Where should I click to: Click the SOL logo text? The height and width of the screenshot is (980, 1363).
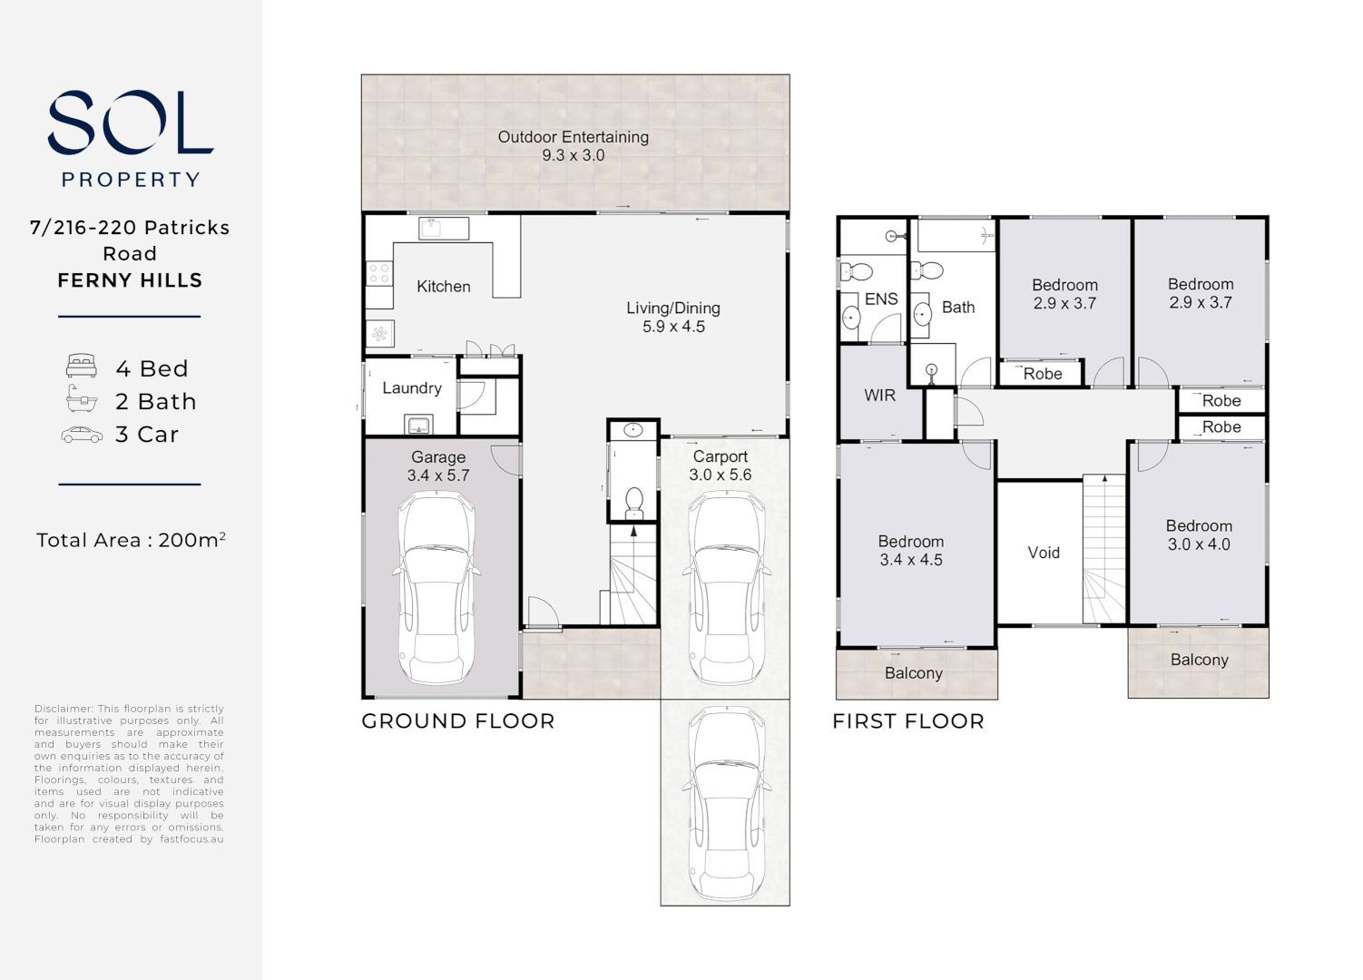click(130, 122)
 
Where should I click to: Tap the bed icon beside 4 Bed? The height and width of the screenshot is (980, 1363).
click(82, 367)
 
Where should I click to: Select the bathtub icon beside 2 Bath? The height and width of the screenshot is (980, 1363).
click(82, 399)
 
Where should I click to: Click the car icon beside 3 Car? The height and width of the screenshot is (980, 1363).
click(82, 435)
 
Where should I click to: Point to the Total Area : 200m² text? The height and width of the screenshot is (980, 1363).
click(131, 540)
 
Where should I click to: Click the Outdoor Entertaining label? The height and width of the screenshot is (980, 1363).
click(573, 137)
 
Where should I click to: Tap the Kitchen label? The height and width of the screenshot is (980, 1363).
click(443, 287)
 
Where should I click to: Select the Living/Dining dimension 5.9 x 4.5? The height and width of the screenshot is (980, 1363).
click(673, 327)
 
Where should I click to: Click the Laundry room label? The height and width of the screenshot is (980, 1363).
click(411, 388)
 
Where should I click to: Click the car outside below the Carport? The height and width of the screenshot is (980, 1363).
click(725, 804)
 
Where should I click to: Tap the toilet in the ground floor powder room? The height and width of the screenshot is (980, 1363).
click(633, 502)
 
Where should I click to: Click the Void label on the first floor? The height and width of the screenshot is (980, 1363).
click(1043, 553)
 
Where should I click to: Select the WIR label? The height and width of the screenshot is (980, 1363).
click(879, 396)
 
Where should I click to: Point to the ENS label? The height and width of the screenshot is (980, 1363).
click(880, 299)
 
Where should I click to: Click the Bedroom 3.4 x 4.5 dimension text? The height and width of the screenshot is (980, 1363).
click(910, 561)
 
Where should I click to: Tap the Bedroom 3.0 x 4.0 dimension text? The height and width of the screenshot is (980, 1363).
click(1199, 544)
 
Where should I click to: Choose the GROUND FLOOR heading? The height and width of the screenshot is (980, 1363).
click(457, 721)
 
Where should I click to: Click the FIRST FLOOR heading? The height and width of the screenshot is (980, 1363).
click(907, 721)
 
